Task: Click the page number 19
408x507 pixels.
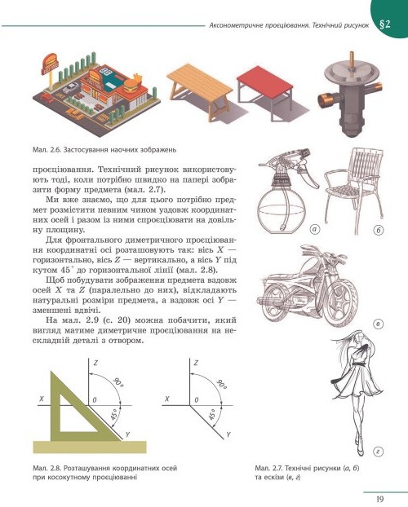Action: (379, 498)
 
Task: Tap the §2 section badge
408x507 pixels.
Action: (384, 24)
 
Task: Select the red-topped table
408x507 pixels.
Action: (265, 93)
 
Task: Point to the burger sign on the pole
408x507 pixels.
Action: (50, 64)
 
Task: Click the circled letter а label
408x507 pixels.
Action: (315, 229)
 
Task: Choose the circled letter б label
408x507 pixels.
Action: (378, 230)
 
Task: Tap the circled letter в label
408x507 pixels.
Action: (378, 324)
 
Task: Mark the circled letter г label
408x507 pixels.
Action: (378, 452)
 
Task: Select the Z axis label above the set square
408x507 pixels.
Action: (95, 363)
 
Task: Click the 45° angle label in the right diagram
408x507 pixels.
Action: (211, 415)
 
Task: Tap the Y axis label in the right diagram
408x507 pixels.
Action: (228, 434)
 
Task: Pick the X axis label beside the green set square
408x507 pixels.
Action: (42, 399)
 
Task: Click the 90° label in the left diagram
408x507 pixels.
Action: (118, 381)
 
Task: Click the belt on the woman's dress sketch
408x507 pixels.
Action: (358, 364)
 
